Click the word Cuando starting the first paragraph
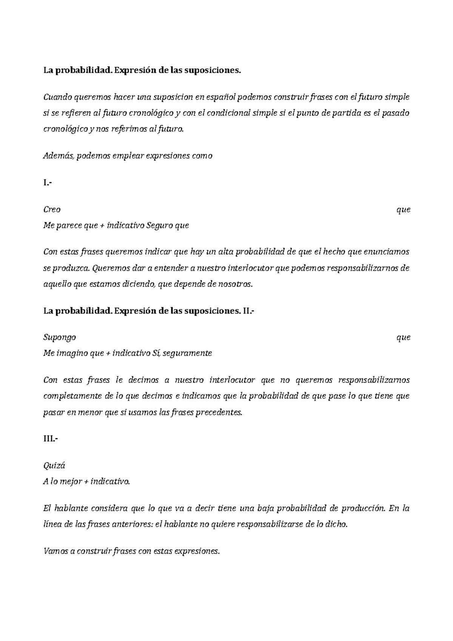[57, 97]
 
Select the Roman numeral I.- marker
[47, 183]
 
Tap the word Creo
[52, 210]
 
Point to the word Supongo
[60, 337]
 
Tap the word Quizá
[54, 465]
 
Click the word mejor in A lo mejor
[72, 482]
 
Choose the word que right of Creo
[403, 210]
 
